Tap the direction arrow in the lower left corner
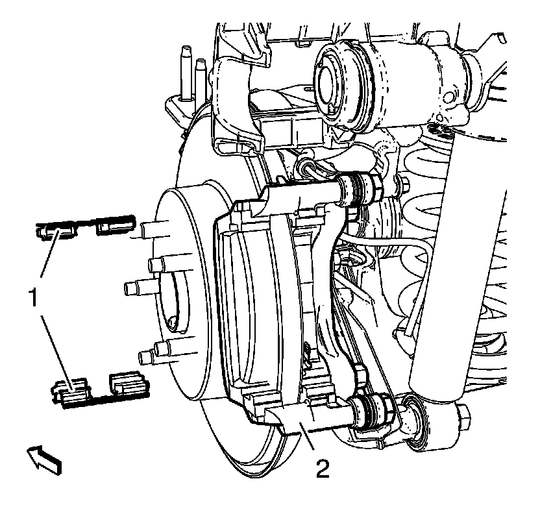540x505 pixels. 45,457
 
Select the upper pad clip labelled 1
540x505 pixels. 87,228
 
